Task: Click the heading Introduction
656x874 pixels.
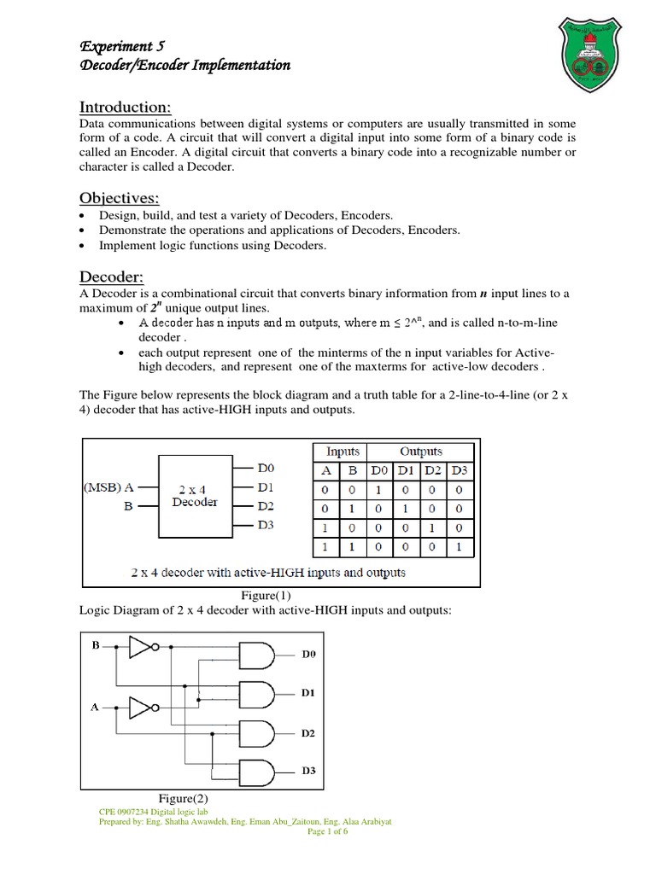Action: point(126,107)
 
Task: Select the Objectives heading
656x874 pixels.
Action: point(120,198)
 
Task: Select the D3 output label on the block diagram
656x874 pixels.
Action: point(266,525)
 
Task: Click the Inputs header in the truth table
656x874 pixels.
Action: point(337,452)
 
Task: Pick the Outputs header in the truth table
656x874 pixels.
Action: point(421,452)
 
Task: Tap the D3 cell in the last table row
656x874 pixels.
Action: point(459,545)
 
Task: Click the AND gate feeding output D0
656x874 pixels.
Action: point(255,655)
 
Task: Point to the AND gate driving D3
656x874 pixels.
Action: point(255,771)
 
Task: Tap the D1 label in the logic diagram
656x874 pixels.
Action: point(308,694)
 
